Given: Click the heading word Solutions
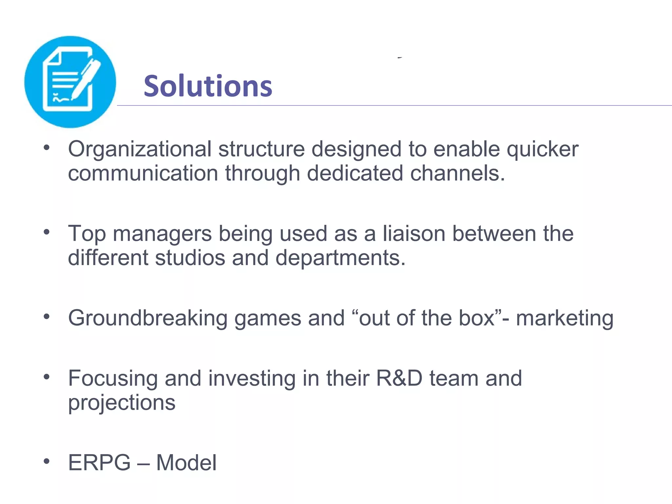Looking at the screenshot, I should coord(208,86).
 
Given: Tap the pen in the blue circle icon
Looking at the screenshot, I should coord(86,79).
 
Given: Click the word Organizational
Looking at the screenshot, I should coord(139,150).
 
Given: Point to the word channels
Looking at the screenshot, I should coord(457,173).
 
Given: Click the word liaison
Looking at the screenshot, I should coord(414,234).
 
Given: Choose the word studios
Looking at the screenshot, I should coord(190,258).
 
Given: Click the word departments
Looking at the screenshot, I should coord(340,258).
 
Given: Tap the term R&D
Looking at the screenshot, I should coord(399,378).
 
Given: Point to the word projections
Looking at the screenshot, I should coord(122,403).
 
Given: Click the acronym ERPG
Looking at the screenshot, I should coord(99,463).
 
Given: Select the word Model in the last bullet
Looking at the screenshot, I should coord(186,463).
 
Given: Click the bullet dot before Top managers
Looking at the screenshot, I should coord(47,232).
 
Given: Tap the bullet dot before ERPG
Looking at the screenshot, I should coord(47,461).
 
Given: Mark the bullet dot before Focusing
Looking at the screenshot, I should coord(47,377).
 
